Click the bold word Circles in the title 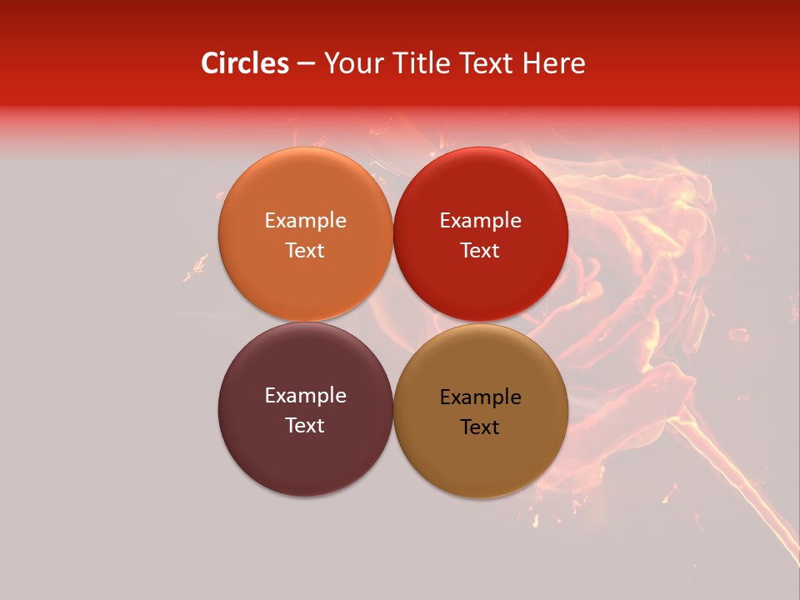pyautogui.click(x=245, y=63)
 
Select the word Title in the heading pyautogui.click(x=422, y=63)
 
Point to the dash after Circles pyautogui.click(x=306, y=64)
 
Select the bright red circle pyautogui.click(x=480, y=283)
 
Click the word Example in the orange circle pyautogui.click(x=305, y=220)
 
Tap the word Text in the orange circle pyautogui.click(x=305, y=250)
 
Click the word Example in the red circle pyautogui.click(x=480, y=220)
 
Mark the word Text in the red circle pyautogui.click(x=480, y=250)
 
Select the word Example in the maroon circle pyautogui.click(x=305, y=395)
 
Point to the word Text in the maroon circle pyautogui.click(x=305, y=425)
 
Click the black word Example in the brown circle pyautogui.click(x=480, y=397)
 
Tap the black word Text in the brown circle pyautogui.click(x=480, y=427)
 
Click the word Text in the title pyautogui.click(x=487, y=63)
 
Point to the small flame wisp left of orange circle pyautogui.click(x=197, y=267)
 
